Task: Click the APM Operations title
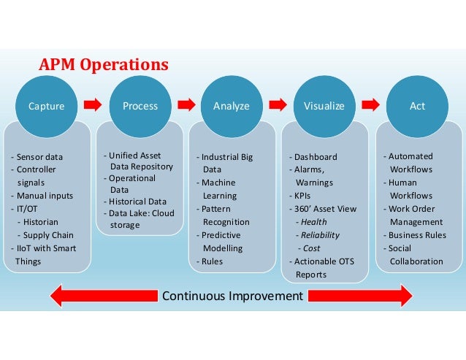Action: [103, 65]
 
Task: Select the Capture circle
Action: [46, 106]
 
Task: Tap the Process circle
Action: [140, 106]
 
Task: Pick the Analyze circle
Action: [231, 106]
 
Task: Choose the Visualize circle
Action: [324, 106]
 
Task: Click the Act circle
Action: [417, 106]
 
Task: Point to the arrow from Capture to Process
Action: [93, 106]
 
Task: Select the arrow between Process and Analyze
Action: [186, 106]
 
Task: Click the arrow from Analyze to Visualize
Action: [278, 106]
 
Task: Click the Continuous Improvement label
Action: [232, 296]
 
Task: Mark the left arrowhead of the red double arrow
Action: [60, 296]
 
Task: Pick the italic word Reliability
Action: [316, 234]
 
